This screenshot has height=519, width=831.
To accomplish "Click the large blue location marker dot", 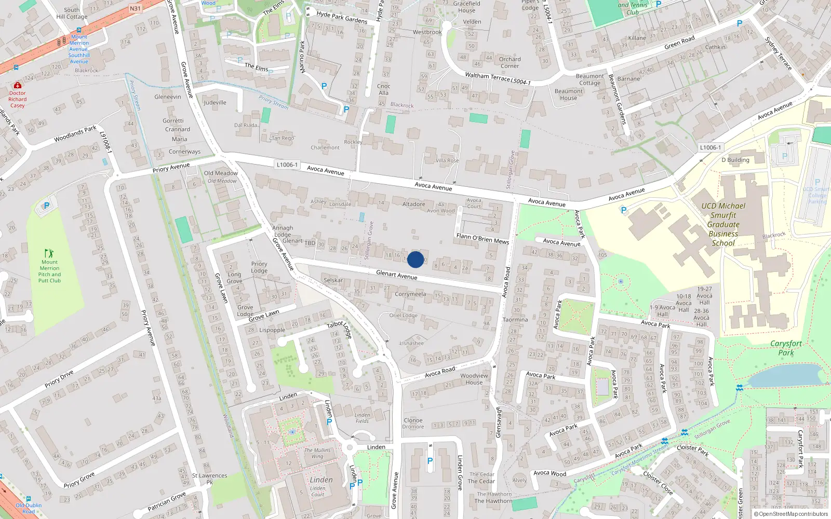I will tap(415, 259).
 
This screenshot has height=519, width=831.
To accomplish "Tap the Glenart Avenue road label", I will tap(396, 275).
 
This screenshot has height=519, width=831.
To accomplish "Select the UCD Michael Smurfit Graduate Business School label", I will tap(723, 224).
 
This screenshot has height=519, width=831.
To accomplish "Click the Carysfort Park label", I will tap(786, 348).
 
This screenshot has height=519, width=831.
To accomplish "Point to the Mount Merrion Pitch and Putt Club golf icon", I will tap(49, 253).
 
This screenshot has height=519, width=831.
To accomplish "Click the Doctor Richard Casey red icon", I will tap(18, 85).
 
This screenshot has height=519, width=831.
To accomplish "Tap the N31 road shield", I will tap(135, 8).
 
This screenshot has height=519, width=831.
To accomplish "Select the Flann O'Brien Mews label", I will tap(482, 238).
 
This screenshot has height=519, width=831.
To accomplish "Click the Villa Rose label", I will tap(447, 160).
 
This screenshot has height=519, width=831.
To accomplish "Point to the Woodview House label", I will tap(474, 379).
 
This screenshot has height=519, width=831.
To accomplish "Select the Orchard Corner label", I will tap(510, 62).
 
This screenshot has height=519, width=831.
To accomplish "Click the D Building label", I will tap(735, 160).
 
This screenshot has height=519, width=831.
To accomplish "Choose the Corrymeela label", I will tap(410, 294).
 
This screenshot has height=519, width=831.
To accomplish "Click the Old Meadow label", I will tap(221, 173).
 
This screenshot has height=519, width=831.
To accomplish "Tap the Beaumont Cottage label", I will tap(589, 79).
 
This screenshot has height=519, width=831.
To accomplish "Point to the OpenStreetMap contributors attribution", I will tap(790, 514).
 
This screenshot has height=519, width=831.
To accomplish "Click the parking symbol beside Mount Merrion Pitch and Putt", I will tap(47, 206).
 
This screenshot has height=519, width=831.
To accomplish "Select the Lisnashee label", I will tap(411, 343).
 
